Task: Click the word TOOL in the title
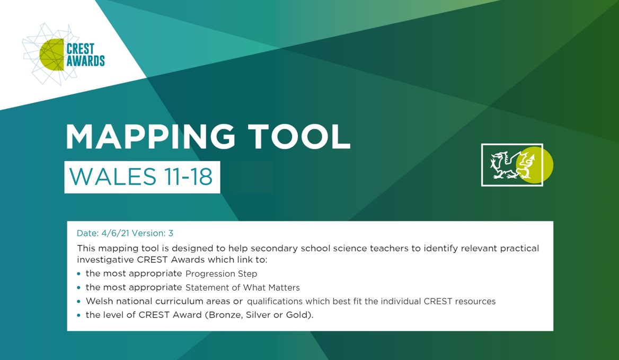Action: (299, 137)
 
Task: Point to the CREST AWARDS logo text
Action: (85, 55)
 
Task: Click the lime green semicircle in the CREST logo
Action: (52, 55)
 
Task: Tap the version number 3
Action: (171, 233)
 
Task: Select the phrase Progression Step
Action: (221, 274)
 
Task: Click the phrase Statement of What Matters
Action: (243, 287)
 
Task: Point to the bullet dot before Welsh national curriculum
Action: (79, 302)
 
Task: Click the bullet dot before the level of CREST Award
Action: (79, 315)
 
